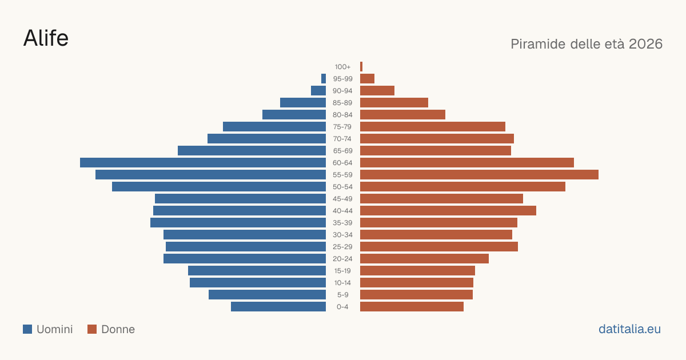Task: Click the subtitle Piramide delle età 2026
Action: pos(587,44)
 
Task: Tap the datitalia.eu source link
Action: pos(629,329)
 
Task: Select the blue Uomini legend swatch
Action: pos(27,329)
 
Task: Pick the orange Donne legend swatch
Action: pos(92,329)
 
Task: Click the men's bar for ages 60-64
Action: pos(203,162)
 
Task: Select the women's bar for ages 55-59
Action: pos(479,174)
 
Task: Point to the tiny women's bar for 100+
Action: pos(361,66)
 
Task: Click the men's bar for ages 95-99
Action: pos(324,78)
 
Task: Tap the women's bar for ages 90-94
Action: pos(377,91)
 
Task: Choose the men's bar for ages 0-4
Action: pos(278,306)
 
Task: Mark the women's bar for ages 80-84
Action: pos(402,114)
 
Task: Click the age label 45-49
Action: pos(342,199)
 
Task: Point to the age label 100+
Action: pos(342,67)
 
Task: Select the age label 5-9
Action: pos(342,295)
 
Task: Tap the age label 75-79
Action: pos(342,127)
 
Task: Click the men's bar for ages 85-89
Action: pos(303,102)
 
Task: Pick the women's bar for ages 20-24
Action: pos(424,259)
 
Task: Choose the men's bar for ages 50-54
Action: pos(219,186)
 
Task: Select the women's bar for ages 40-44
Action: pos(448,211)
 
